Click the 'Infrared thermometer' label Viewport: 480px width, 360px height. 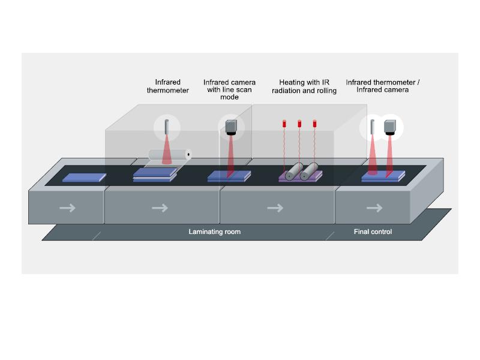167,86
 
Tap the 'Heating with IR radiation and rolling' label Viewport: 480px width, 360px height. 304,86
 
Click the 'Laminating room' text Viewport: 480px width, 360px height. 214,232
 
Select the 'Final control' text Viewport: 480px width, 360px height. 373,232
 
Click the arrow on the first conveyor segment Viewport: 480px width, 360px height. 68,208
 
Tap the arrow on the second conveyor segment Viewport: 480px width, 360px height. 160,208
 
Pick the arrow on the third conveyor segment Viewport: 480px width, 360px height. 275,208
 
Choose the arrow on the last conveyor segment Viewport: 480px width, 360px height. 374,208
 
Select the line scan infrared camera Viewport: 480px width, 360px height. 230,127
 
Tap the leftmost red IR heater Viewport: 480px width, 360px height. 284,124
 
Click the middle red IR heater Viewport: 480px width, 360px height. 299,124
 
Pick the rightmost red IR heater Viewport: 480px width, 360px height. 314,124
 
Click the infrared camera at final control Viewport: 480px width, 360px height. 390,126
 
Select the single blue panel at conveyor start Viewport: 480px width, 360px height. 84,178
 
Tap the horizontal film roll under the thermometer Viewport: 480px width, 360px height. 169,155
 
